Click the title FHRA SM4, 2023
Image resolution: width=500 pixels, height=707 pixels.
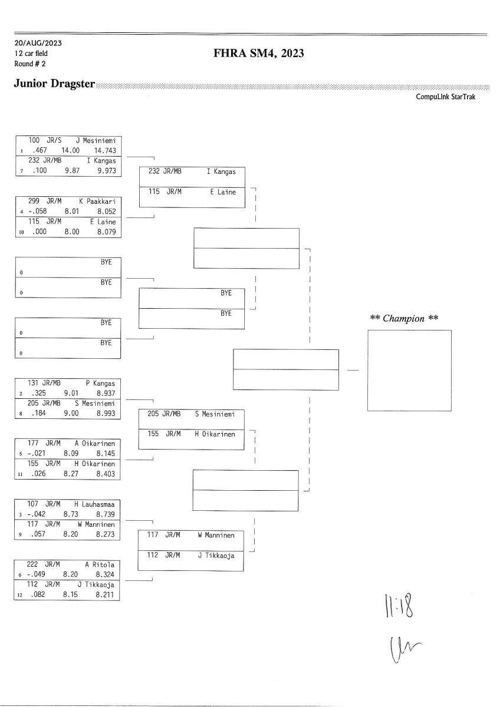pos(259,54)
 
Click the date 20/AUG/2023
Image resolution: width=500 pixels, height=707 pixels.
pos(38,44)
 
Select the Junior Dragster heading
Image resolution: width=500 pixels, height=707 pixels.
pos(54,84)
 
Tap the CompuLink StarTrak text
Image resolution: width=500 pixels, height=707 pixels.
pos(445,97)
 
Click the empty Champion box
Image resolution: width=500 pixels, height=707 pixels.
pos(409,370)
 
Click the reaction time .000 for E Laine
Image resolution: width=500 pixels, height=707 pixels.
pos(40,232)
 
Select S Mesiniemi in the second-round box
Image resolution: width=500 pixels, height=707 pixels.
pos(215,414)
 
